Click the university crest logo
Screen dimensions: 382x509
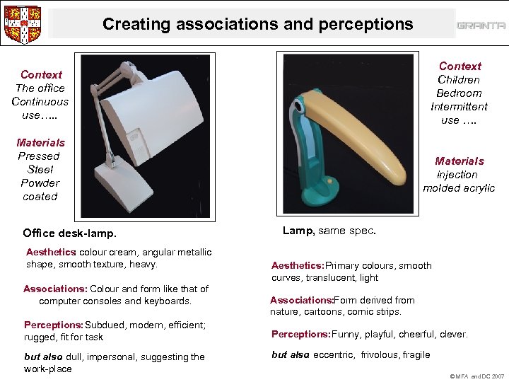[23, 24]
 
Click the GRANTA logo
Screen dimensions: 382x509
[481, 25]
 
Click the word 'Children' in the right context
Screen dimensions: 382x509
[459, 80]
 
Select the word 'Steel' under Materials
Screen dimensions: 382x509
[40, 170]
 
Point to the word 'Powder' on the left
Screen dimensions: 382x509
[40, 183]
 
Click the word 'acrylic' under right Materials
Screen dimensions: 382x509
[476, 188]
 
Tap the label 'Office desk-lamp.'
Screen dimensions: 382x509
[69, 233]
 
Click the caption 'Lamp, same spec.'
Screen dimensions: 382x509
[329, 231]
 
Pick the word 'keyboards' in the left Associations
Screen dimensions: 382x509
[168, 301]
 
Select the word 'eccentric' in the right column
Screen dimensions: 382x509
[334, 355]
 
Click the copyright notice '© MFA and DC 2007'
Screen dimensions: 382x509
[478, 376]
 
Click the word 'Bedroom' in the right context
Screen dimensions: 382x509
[459, 93]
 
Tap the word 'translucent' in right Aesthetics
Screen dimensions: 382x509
[329, 278]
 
